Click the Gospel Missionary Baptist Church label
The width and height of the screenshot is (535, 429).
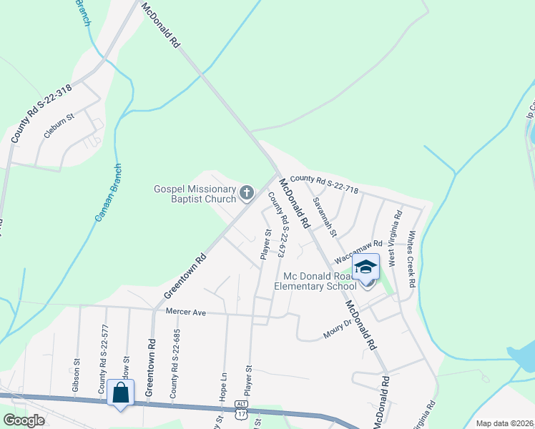[x=195, y=194]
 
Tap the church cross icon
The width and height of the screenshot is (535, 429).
[x=247, y=192]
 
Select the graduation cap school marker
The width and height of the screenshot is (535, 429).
[x=365, y=267]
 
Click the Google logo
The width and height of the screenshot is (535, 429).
[x=24, y=420]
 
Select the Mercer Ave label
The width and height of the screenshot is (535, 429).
[x=185, y=312]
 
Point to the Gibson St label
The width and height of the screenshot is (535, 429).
[x=75, y=375]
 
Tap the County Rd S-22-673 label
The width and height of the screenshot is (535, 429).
[x=278, y=225]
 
